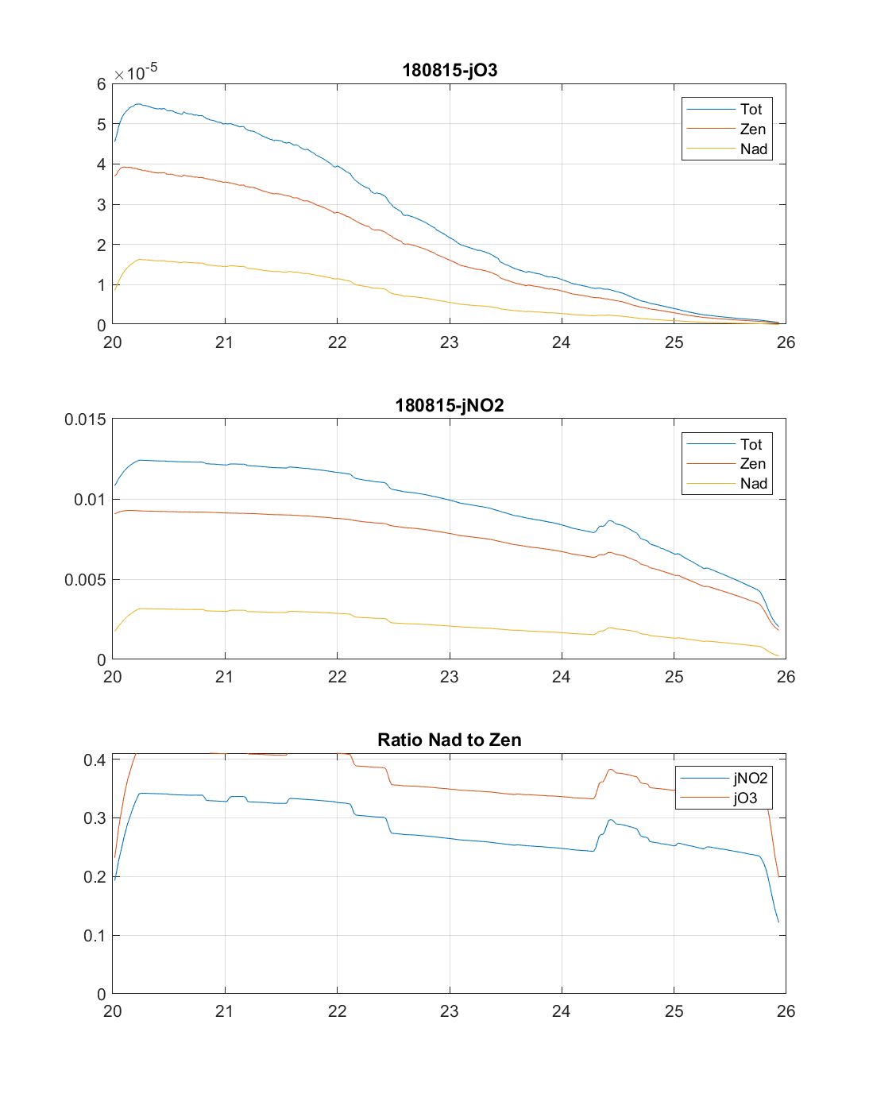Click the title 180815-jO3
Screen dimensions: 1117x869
pos(450,70)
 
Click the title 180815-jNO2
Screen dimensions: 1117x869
pos(450,405)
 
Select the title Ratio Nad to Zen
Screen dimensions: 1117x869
pos(450,740)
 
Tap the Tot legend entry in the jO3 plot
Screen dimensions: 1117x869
pos(751,109)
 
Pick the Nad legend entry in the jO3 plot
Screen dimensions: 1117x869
pos(753,149)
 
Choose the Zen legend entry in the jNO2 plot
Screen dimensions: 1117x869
pos(752,463)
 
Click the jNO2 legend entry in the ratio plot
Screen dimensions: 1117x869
pos(750,778)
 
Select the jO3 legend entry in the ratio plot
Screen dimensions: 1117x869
pos(745,798)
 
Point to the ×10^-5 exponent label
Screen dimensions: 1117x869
pos(136,72)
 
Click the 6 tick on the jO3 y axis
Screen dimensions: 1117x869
pos(101,84)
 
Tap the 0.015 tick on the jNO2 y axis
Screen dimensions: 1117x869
pos(85,419)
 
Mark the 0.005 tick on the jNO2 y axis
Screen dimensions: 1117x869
pos(85,579)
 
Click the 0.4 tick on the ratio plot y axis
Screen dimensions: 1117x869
pos(95,759)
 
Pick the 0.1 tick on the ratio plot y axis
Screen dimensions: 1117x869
pos(95,935)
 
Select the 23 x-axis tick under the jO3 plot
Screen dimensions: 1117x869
pos(450,342)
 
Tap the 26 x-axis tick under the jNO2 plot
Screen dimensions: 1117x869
pos(786,677)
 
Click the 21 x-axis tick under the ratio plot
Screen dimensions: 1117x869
pos(225,1011)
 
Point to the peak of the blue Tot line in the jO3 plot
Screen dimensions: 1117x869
pos(138,104)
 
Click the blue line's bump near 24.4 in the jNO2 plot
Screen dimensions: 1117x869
pos(610,521)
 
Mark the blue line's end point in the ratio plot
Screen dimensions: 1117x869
pos(778,922)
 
